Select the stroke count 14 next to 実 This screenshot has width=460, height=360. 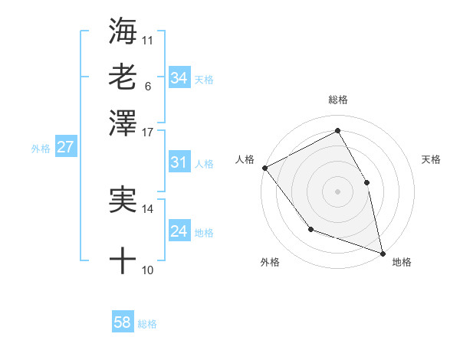(x=148, y=208)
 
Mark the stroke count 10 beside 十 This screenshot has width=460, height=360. (x=148, y=270)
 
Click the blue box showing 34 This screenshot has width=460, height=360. (x=179, y=78)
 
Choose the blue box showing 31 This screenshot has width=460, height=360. (x=179, y=162)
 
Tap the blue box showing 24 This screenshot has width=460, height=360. (x=179, y=231)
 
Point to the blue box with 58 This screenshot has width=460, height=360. (x=123, y=322)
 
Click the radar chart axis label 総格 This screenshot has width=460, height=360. (x=338, y=100)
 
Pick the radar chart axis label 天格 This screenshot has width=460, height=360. (x=432, y=159)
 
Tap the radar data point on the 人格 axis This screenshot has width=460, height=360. (x=264, y=167)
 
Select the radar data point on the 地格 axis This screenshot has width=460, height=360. (x=382, y=252)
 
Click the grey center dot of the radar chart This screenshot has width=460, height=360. (x=338, y=191)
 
